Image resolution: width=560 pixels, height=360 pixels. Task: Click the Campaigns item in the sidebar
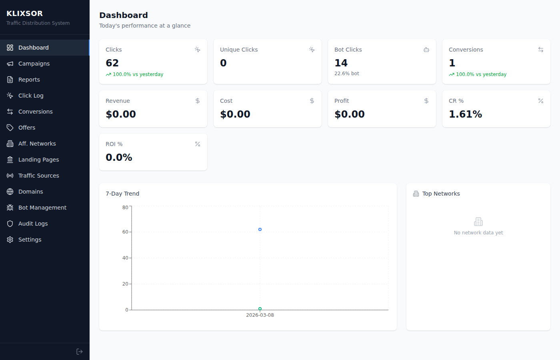[34, 64]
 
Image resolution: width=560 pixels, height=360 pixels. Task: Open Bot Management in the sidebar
[42, 208]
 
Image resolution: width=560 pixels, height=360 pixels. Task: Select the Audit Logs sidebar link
[33, 224]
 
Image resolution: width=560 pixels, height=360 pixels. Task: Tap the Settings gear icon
[10, 240]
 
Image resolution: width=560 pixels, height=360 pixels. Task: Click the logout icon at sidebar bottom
[80, 352]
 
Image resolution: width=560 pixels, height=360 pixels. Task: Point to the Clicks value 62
[112, 63]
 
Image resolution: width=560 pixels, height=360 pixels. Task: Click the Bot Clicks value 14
[341, 63]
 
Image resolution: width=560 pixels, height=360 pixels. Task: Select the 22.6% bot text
[347, 74]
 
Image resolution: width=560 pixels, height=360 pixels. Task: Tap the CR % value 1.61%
[465, 114]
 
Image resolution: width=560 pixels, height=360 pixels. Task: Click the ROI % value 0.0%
[119, 157]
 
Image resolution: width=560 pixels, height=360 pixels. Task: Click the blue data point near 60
[260, 230]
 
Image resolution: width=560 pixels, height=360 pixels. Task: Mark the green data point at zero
[260, 309]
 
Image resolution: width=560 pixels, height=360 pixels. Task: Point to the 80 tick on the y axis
[125, 207]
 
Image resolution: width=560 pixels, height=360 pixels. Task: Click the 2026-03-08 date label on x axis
[260, 315]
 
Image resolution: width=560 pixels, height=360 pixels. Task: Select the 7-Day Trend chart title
[122, 194]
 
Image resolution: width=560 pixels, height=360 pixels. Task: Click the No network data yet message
[478, 233]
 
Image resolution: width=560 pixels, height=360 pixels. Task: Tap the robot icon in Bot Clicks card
[426, 50]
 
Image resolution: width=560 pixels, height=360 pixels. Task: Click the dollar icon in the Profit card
[426, 101]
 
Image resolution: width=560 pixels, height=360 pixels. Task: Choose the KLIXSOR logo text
[25, 14]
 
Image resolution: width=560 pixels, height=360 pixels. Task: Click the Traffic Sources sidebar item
[38, 176]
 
